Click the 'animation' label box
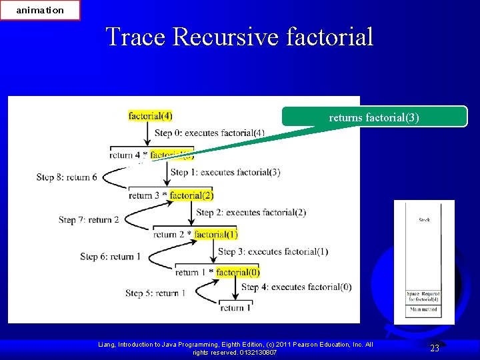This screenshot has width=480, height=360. click(x=40, y=10)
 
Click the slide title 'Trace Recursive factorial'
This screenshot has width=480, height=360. click(x=239, y=36)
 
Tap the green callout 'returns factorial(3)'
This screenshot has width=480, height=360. click(x=374, y=117)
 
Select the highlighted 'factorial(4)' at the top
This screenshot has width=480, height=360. click(x=150, y=116)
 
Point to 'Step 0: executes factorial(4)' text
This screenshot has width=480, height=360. click(x=209, y=133)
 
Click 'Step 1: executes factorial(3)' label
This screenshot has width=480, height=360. click(x=225, y=172)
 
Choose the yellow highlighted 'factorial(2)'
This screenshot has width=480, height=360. click(x=191, y=195)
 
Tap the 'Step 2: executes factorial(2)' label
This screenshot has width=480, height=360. click(x=251, y=213)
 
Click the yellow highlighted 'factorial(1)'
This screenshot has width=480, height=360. click(x=215, y=234)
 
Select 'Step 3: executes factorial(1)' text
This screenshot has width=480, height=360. click(x=273, y=251)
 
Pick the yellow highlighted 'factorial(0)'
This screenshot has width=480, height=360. click(x=238, y=272)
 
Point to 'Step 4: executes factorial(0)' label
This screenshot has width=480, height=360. click(x=296, y=287)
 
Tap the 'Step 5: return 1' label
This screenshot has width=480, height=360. click(x=155, y=293)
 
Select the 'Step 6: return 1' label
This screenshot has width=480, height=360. click(x=110, y=257)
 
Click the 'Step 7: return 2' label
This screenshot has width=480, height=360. click(x=89, y=219)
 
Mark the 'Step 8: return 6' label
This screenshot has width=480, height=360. click(x=67, y=177)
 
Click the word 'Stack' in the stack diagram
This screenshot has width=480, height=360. click(x=424, y=219)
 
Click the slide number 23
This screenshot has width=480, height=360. click(x=435, y=348)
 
